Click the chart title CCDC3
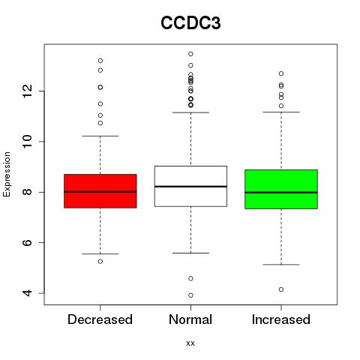pos(190,22)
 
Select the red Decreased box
pos(100,191)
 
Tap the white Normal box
pos(190,186)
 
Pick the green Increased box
pos(281,189)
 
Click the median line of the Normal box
pos(190,187)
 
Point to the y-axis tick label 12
pos(28,91)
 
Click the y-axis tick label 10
pos(28,142)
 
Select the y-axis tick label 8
pos(28,192)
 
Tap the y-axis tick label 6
pos(28,242)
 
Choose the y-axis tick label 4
pos(28,293)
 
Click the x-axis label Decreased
pos(100,319)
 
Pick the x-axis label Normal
pos(190,319)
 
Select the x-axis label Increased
pos(281,319)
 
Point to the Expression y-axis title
pos(7,174)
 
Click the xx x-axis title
pos(190,343)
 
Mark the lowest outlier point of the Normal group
pos(190,295)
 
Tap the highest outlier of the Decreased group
pos(100,61)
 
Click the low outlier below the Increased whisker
pos(281,289)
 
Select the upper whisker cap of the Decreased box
pos(100,136)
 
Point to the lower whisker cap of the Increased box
pos(281,265)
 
